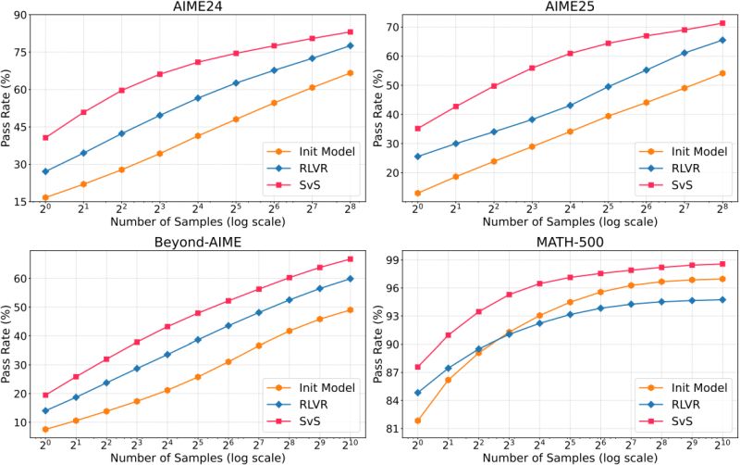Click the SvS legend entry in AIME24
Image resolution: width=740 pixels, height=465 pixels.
tap(297, 186)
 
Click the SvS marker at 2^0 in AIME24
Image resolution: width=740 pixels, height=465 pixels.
tap(45, 138)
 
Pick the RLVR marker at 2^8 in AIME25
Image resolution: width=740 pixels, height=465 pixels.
tap(721, 40)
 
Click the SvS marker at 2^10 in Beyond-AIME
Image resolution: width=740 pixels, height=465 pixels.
tap(351, 258)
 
